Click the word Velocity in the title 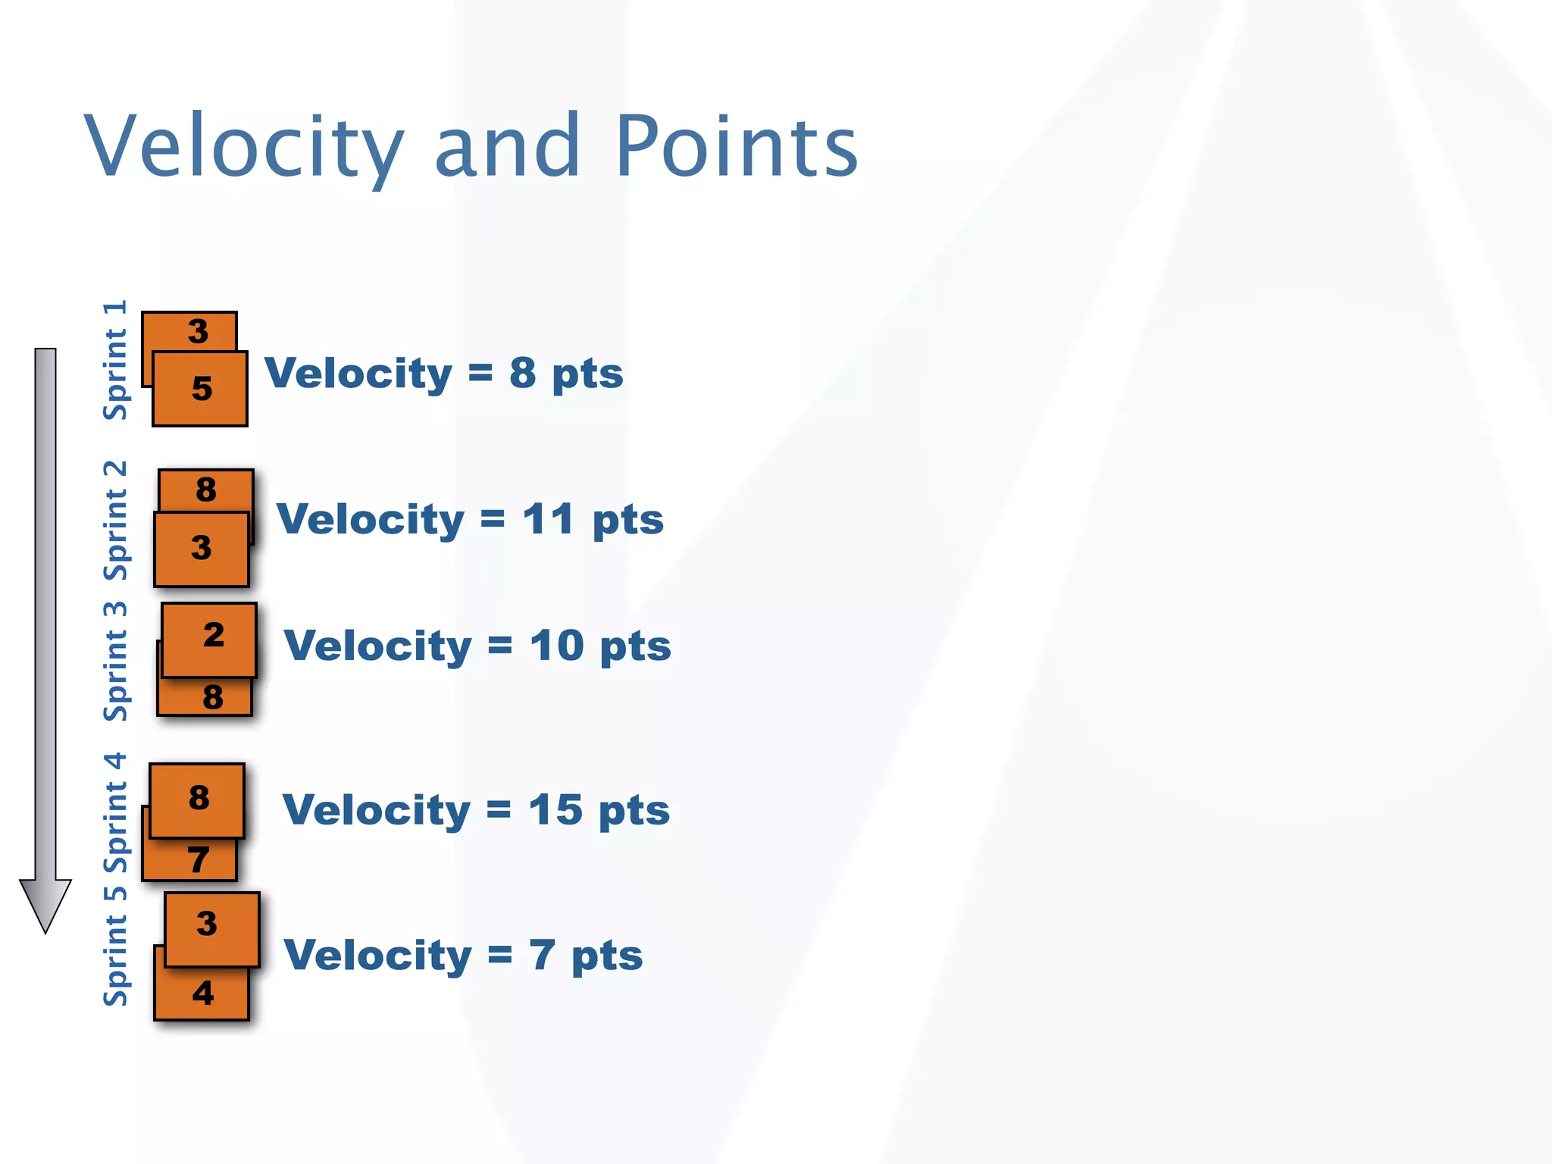click(x=244, y=146)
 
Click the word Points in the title click(x=737, y=146)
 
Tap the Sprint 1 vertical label click(x=115, y=360)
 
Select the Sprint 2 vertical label click(x=115, y=520)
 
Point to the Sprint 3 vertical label click(x=115, y=661)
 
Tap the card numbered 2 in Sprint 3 click(x=210, y=639)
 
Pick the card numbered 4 click(x=202, y=993)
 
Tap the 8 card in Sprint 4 click(x=198, y=799)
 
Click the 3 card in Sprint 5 click(x=211, y=928)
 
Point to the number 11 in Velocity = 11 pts click(x=547, y=520)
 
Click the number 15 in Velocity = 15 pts click(x=555, y=810)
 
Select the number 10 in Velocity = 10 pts click(x=556, y=646)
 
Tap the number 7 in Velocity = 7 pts click(x=543, y=956)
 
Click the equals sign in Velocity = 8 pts click(x=480, y=373)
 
